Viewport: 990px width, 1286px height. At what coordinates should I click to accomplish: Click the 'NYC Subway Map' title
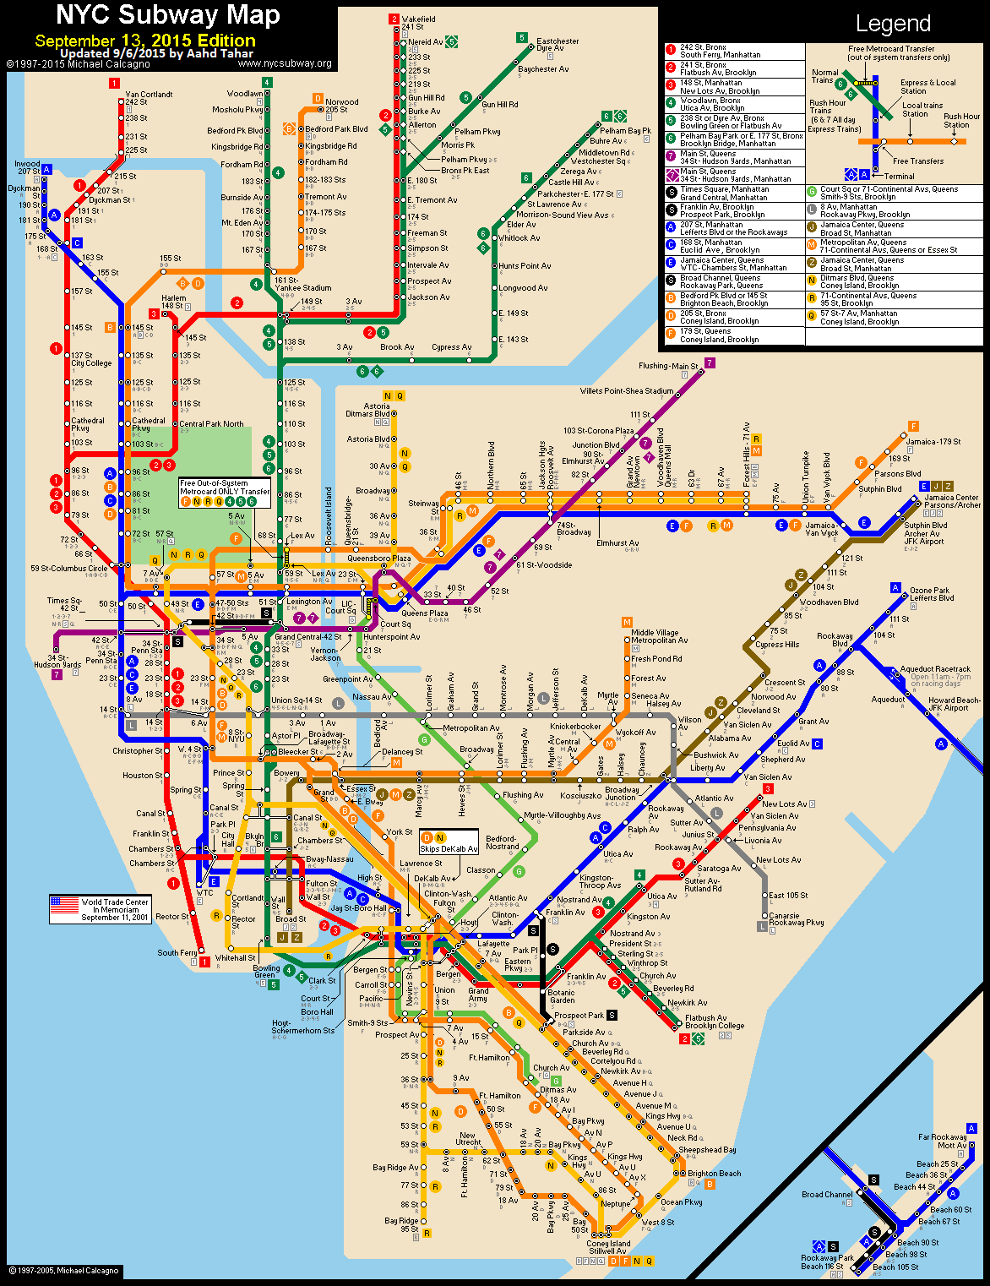(168, 15)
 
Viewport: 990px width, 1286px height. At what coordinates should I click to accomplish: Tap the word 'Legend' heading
(893, 24)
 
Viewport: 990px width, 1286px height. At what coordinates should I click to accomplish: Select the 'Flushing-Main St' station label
(668, 366)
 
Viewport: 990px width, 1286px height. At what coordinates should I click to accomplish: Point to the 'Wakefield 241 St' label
(418, 23)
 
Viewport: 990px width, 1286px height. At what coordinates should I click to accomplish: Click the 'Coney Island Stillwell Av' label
(608, 1247)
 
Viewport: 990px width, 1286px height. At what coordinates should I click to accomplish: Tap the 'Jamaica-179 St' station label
(933, 441)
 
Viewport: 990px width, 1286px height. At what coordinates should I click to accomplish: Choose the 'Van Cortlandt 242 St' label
(149, 98)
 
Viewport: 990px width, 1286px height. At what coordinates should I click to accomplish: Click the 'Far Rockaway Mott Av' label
(942, 1142)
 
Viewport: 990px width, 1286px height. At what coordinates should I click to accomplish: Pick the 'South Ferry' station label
(177, 952)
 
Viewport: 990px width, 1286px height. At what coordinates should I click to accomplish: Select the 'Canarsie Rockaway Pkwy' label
(796, 919)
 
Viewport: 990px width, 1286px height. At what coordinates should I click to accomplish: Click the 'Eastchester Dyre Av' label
(558, 45)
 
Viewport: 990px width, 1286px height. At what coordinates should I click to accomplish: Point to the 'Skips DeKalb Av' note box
(449, 842)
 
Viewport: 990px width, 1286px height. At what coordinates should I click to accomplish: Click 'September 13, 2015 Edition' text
(145, 41)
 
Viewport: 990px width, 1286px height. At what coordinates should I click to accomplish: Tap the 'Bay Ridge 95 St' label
(402, 1225)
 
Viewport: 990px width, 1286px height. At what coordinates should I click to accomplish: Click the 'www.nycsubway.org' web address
(285, 63)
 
